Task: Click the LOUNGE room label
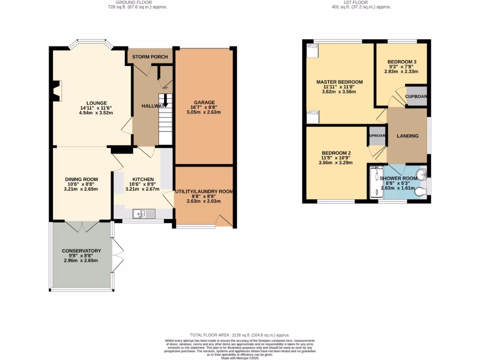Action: click(x=96, y=103)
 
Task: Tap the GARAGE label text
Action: click(x=204, y=102)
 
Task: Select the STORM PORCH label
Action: click(x=150, y=57)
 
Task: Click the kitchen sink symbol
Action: click(x=144, y=214)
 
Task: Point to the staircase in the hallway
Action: click(x=165, y=120)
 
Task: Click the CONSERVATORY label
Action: click(x=82, y=251)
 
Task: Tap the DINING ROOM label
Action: click(x=82, y=179)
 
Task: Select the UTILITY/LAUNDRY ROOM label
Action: click(x=204, y=192)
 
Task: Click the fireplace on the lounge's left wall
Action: click(x=56, y=91)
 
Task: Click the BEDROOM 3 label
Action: click(x=402, y=62)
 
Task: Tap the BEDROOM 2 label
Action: click(x=336, y=153)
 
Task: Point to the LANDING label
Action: click(x=407, y=136)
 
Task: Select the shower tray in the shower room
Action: click(x=374, y=182)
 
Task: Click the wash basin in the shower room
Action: click(x=422, y=174)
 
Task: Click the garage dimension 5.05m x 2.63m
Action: click(x=204, y=112)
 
